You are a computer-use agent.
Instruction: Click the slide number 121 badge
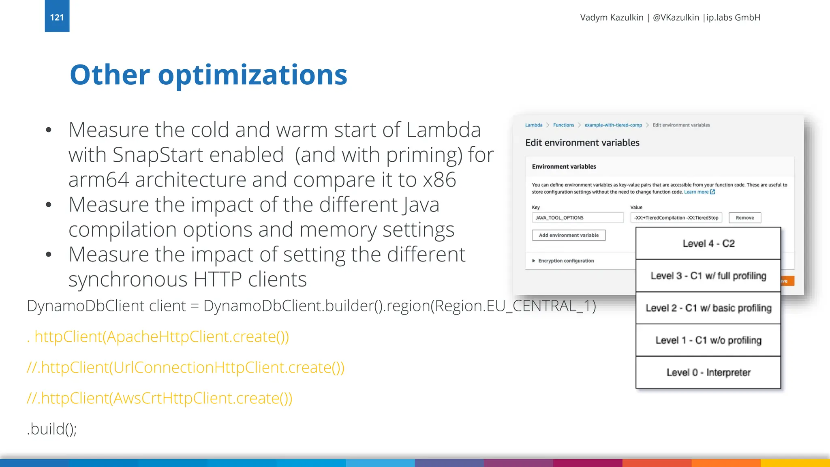click(57, 17)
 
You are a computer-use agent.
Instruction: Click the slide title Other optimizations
click(208, 75)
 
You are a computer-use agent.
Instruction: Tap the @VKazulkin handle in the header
click(676, 17)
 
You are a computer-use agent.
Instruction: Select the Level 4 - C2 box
click(708, 243)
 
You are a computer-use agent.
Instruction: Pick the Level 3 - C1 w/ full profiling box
click(708, 276)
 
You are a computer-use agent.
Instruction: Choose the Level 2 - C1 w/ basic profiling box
click(708, 308)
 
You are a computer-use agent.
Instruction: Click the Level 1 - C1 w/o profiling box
click(708, 340)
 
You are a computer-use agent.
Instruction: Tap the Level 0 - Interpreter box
click(708, 373)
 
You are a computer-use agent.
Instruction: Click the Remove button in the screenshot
click(744, 218)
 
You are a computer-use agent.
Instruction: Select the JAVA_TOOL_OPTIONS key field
click(577, 218)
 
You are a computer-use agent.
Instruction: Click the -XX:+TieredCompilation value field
click(676, 218)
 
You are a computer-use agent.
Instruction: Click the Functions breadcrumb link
click(563, 125)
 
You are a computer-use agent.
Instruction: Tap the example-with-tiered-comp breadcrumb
click(613, 125)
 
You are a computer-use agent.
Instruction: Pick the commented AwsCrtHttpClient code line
click(159, 398)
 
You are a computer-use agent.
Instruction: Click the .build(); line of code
click(52, 429)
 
